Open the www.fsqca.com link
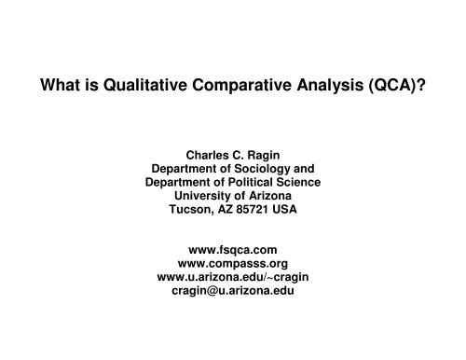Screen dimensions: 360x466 click(x=232, y=250)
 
